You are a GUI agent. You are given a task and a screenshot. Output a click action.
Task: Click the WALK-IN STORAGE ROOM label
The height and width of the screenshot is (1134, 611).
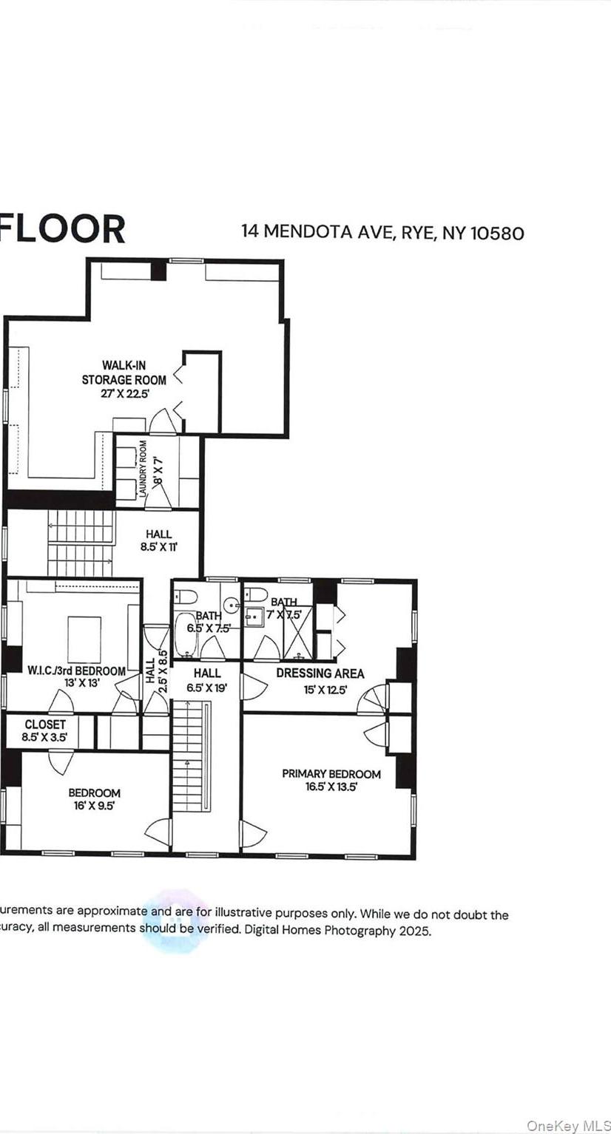[x=124, y=373]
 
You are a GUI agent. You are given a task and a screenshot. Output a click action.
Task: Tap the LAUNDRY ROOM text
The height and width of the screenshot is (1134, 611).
[x=144, y=468]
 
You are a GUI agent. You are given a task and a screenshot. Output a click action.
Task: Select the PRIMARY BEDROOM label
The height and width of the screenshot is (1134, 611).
[x=331, y=774]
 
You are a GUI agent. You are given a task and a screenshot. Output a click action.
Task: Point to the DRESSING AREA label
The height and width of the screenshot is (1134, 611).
[x=320, y=673]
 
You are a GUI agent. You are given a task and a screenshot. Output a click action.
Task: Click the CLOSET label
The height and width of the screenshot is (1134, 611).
[x=45, y=724]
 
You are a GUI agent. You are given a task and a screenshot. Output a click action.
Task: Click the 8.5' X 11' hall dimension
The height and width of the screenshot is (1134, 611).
[x=158, y=548]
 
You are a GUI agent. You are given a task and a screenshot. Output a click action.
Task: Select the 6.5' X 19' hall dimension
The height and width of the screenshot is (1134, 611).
[x=207, y=686]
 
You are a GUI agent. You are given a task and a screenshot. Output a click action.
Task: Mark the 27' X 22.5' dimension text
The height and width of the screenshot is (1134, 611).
[x=124, y=394]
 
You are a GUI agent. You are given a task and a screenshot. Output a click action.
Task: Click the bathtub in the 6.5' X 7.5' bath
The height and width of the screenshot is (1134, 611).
[x=185, y=634]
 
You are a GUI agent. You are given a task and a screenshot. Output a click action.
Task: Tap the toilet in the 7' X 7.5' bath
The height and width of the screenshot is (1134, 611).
[x=257, y=594]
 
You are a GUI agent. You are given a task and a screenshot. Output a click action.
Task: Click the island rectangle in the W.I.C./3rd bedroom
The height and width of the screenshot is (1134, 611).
[x=84, y=639]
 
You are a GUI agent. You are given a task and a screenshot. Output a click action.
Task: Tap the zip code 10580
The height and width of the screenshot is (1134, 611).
[x=496, y=233]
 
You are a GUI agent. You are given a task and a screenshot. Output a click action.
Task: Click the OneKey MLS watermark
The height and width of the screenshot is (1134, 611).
[x=567, y=1125]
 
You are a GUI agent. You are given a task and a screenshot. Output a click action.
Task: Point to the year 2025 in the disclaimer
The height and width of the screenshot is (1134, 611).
[x=415, y=931]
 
